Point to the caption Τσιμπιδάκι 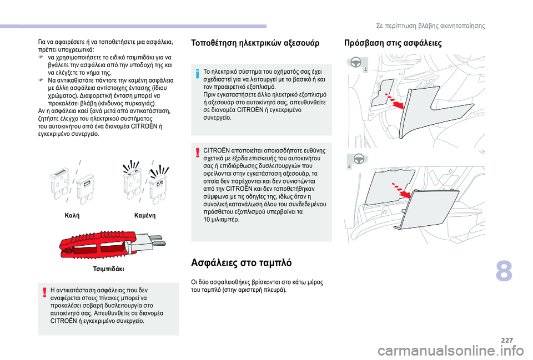(109, 268)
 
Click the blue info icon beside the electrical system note (198, 73)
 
